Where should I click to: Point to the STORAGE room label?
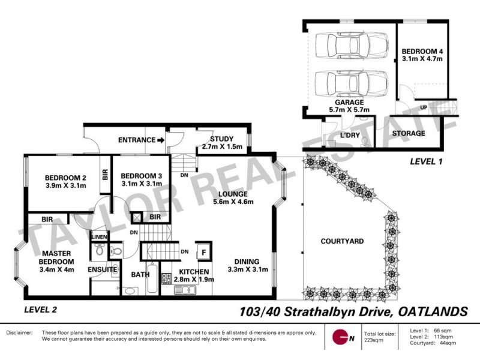pyautogui.click(x=408, y=133)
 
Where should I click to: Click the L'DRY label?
pyautogui.click(x=350, y=135)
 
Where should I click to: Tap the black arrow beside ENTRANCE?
pyautogui.click(x=160, y=140)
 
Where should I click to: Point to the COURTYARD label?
pyautogui.click(x=342, y=241)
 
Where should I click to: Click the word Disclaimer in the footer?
pyautogui.click(x=20, y=332)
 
